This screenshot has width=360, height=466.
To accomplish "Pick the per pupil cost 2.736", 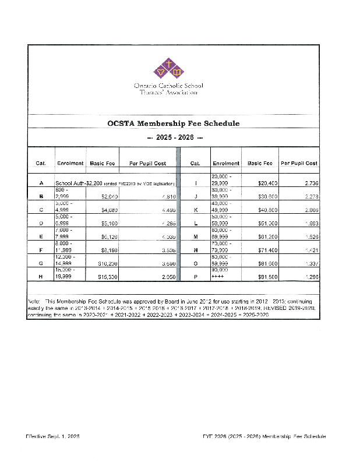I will [310, 183].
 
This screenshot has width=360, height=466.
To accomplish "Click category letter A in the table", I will [41, 183].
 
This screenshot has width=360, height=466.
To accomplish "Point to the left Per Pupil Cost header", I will [147, 163].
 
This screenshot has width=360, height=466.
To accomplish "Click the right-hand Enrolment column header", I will [226, 163].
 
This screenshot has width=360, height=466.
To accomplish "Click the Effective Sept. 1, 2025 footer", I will [52, 436].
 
